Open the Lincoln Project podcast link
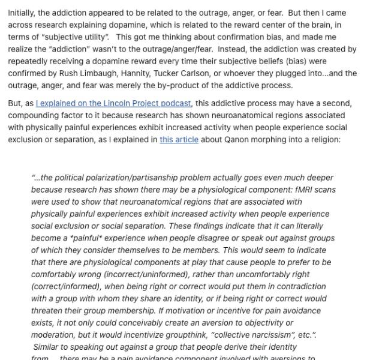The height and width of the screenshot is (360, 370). pos(113,104)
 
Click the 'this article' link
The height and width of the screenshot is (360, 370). pos(179,140)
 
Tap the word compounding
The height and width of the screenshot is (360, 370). pos(33,116)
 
